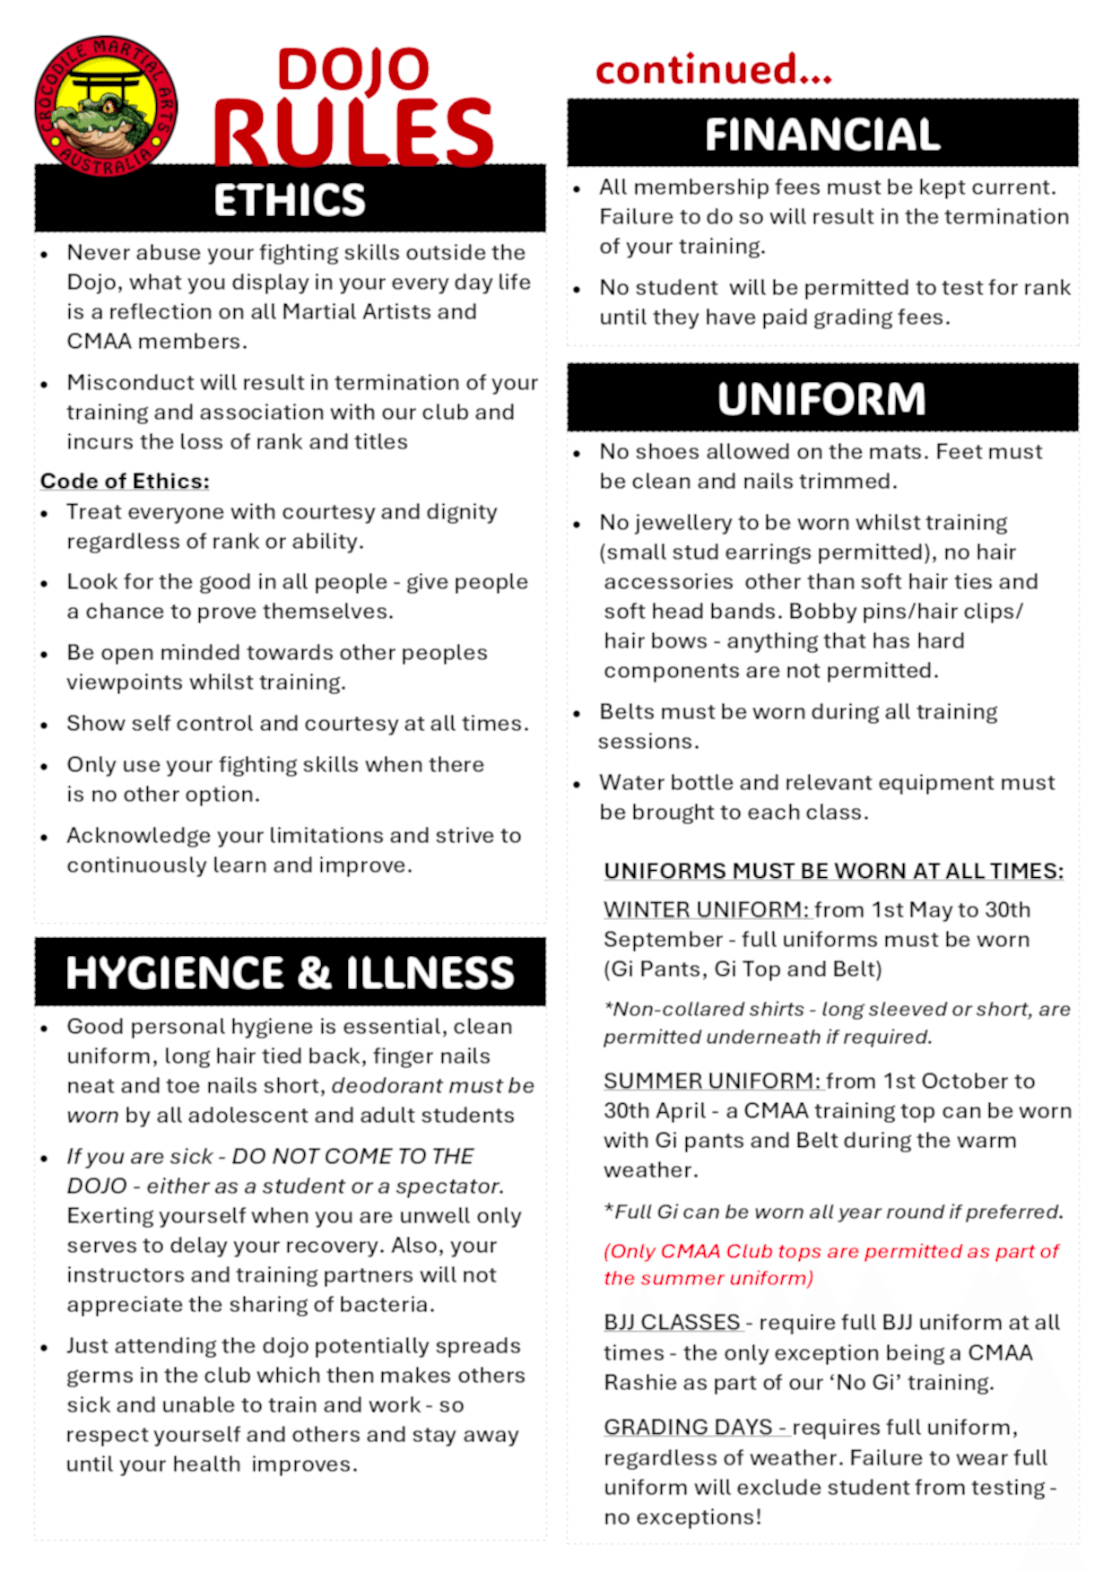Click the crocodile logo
[x=106, y=106]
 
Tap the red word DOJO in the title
[x=353, y=70]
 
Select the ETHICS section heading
[x=290, y=199]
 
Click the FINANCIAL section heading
[x=822, y=135]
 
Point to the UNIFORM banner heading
[x=821, y=399]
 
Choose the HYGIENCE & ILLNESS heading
[x=290, y=973]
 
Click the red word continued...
[x=713, y=70]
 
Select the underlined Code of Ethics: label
[x=125, y=482]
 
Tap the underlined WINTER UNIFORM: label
[x=707, y=909]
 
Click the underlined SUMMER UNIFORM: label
[x=712, y=1081]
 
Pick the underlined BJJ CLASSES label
[x=673, y=1323]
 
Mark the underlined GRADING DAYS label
[x=689, y=1427]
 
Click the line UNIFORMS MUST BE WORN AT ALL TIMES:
[x=834, y=871]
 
